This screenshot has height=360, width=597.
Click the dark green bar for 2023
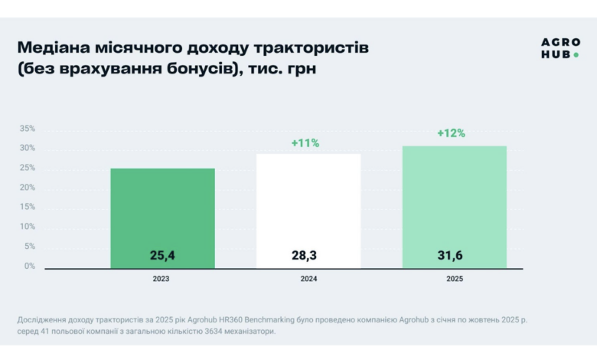162,218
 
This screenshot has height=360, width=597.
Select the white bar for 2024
308,211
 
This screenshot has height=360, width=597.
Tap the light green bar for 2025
454,207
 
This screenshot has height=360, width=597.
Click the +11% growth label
305,143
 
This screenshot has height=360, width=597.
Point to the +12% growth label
451,133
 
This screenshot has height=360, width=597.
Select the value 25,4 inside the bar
162,255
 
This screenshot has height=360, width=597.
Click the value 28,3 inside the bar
308,255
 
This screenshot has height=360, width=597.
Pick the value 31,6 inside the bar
454,255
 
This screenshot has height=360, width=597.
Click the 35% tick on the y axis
28,129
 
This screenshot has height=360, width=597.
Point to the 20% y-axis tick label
28,188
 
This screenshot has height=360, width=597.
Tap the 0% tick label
29,266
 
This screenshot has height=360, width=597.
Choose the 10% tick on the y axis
28,227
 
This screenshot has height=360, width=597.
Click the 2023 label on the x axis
161,279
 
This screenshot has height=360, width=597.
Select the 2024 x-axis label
308,279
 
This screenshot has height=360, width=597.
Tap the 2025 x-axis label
455,279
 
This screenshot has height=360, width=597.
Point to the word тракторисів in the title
314,48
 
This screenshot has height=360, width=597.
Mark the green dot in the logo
576,55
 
